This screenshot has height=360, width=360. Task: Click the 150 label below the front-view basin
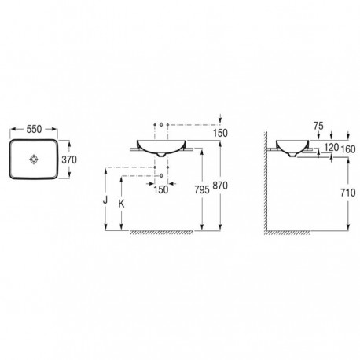click(x=160, y=189)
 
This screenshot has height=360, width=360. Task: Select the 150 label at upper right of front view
click(x=220, y=133)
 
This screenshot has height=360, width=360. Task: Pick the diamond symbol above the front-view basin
click(x=160, y=125)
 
